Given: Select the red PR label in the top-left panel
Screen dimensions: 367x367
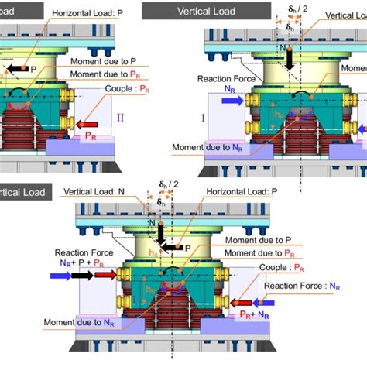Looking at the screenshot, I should pyautogui.click(x=91, y=136).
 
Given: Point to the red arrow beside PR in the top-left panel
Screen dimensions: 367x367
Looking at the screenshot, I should pyautogui.click(x=87, y=123).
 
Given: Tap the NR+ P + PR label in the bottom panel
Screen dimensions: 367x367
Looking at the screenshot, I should pyautogui.click(x=83, y=262).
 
